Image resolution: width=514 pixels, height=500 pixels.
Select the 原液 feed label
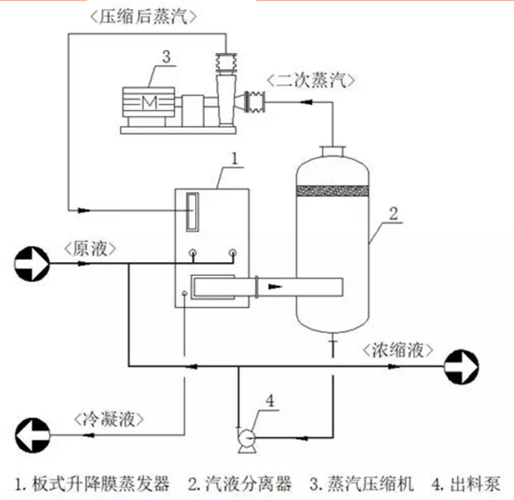coord(89,245)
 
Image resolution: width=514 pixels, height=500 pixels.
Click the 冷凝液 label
coord(108,419)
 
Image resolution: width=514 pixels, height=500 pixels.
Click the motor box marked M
coord(149,100)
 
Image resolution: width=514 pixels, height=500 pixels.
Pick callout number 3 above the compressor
coord(165,57)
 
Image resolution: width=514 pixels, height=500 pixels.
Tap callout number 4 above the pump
coord(271,399)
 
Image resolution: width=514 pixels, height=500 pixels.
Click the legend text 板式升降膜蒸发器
coord(100,484)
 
